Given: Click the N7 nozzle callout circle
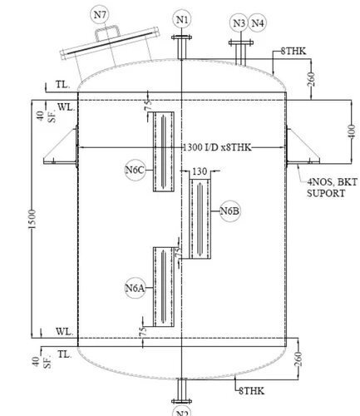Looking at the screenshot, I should (100, 14).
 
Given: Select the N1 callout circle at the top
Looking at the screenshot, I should (182, 19).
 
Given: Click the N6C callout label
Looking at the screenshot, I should (136, 171).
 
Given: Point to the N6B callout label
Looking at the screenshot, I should (230, 211).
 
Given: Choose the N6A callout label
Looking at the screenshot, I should (136, 289).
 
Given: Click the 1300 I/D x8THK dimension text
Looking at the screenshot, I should (217, 148).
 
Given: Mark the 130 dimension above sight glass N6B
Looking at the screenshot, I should (200, 171).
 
